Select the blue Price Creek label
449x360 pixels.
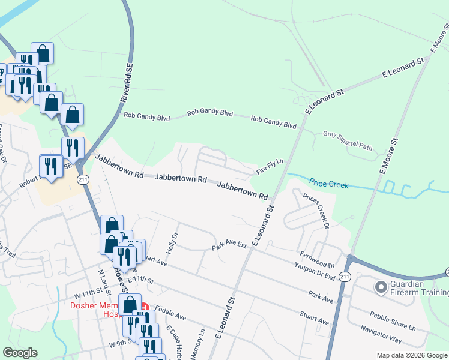coord(329,183)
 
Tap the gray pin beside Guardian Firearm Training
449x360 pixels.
coord(381,288)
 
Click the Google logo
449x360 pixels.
coord(20,353)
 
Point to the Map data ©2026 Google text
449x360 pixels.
coord(411,355)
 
